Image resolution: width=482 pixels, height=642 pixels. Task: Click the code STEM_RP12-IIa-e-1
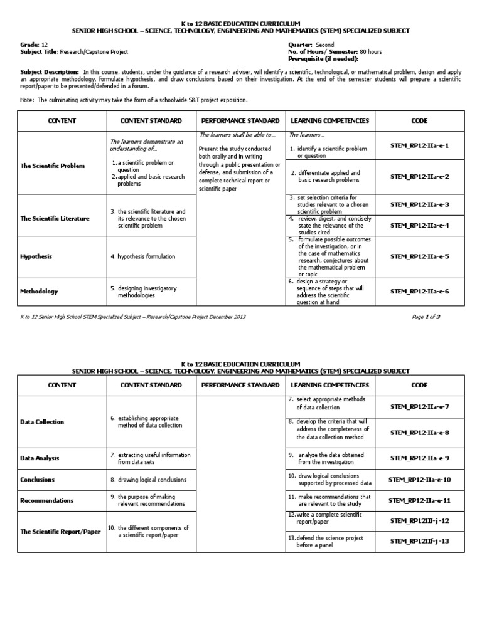419,145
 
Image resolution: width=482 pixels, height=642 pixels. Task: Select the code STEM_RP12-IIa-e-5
419,256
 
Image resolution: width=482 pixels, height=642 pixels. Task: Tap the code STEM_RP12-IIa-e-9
419,458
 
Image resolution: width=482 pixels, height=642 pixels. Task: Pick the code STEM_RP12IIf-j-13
419,541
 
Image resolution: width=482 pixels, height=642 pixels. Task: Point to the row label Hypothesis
36,256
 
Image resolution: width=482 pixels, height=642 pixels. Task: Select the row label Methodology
39,292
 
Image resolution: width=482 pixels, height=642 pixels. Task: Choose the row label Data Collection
42,422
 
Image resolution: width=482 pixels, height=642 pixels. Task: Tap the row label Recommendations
47,500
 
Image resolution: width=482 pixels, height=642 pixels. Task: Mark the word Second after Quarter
326,45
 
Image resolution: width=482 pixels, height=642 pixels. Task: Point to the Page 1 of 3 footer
426,317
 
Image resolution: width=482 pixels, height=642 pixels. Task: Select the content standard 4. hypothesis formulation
142,256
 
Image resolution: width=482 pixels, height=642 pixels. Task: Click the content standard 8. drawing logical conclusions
148,480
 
